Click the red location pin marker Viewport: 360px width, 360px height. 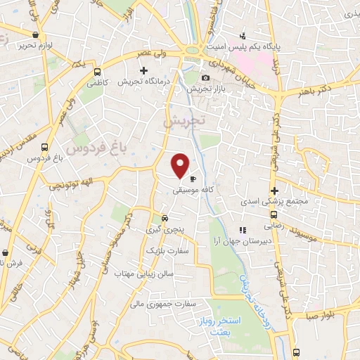click(181, 165)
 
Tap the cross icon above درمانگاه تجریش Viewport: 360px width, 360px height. click(144, 70)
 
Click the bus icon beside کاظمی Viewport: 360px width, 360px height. click(97, 71)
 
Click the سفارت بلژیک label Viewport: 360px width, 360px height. click(168, 250)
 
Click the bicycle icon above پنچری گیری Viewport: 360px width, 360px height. click(164, 217)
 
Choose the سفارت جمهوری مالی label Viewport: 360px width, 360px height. click(167, 304)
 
